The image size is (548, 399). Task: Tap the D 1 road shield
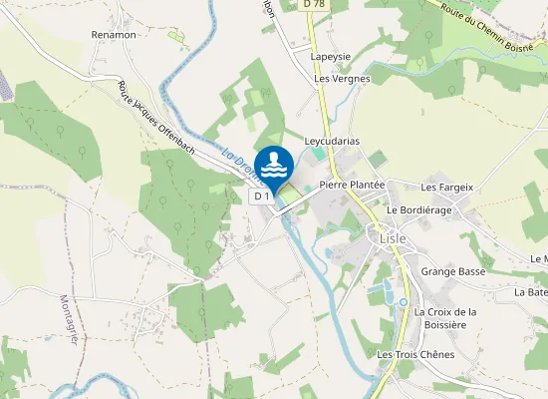[261, 197]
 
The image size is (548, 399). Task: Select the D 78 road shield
[315, 5]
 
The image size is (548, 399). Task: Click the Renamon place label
[113, 35]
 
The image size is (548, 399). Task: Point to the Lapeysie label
[330, 58]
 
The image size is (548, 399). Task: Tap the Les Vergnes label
[342, 78]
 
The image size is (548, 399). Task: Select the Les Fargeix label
[446, 187]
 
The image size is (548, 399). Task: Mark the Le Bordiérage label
[419, 210]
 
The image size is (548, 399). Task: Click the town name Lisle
[392, 236]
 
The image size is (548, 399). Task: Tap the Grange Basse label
[453, 271]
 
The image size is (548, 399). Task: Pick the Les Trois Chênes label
[415, 354]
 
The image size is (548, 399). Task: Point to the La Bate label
[531, 292]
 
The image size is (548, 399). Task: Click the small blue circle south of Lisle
[404, 302]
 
